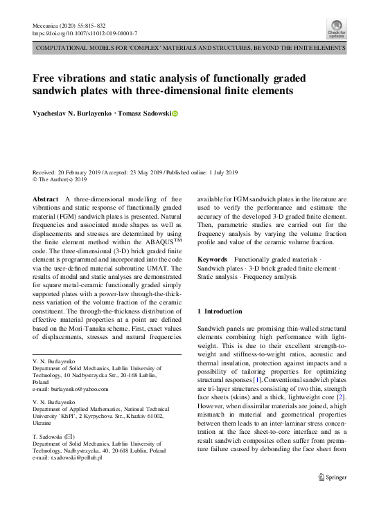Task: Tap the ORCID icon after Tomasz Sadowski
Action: [175, 113]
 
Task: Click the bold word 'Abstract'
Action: [46, 198]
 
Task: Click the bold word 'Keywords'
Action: [212, 259]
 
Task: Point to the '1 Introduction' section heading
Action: [221, 311]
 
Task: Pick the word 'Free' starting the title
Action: [46, 78]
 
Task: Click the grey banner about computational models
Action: [189, 49]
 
